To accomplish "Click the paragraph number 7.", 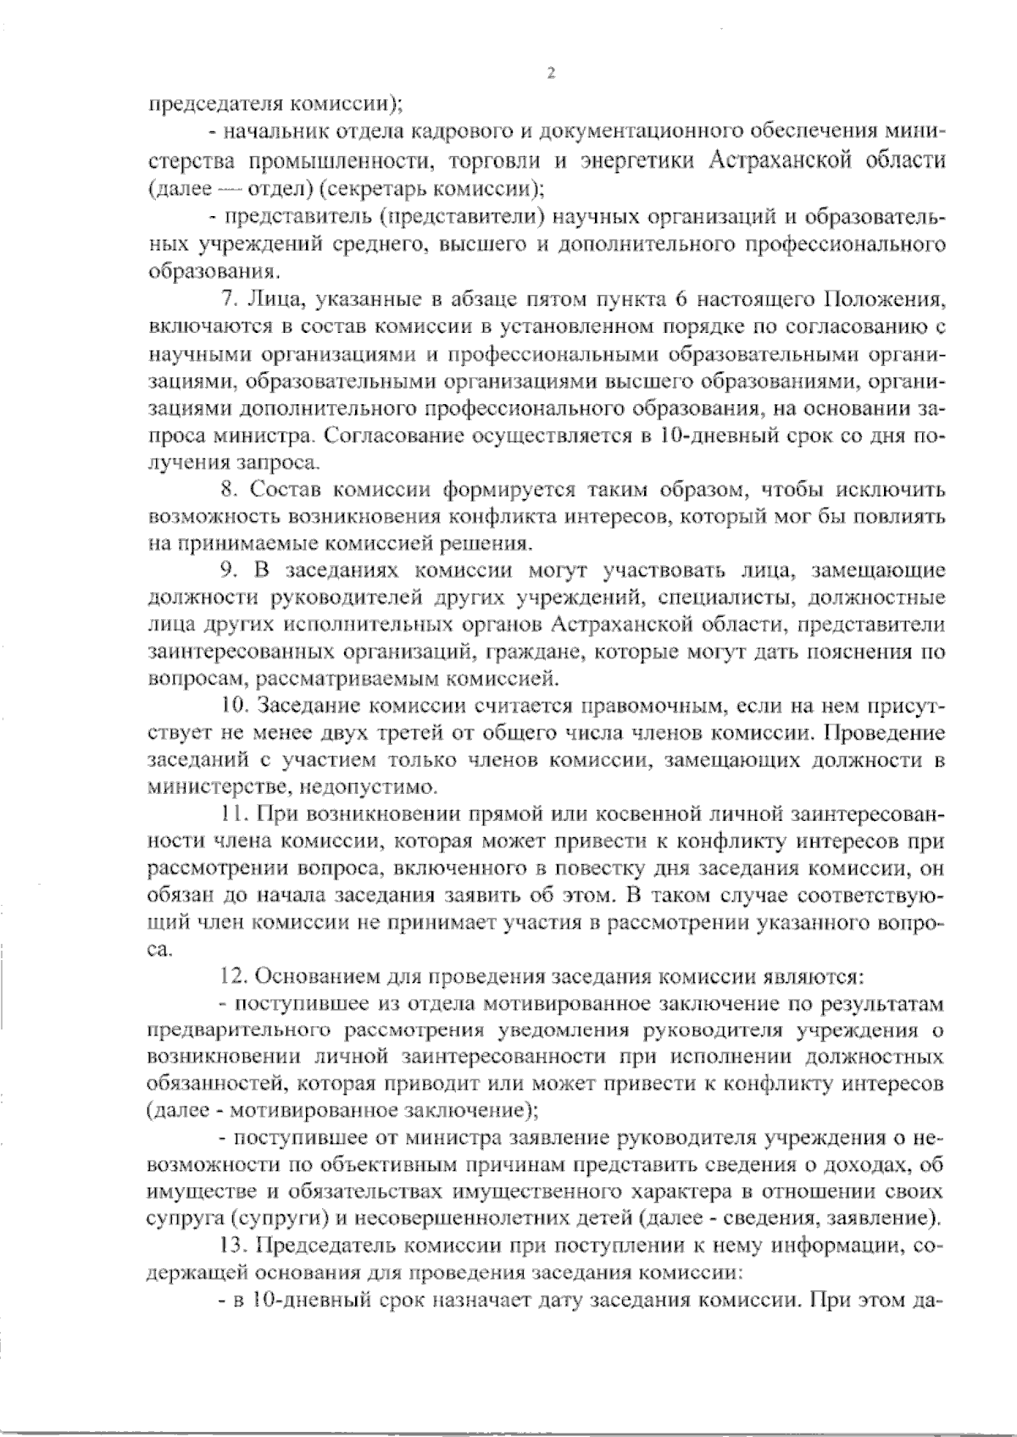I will pos(226,300).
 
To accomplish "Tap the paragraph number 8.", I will pos(226,491).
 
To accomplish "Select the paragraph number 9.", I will pos(226,573).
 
